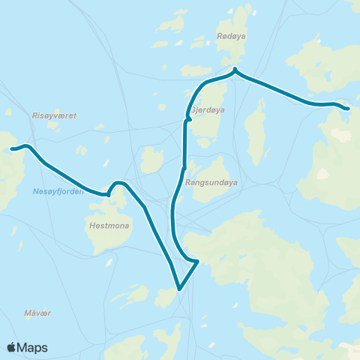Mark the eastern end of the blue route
pyautogui.click(x=347, y=108)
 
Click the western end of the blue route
pyautogui.click(x=12, y=149)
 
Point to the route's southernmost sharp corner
pyautogui.click(x=179, y=289)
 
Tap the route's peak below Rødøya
pyautogui.click(x=235, y=70)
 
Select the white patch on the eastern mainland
pyautogui.click(x=322, y=173)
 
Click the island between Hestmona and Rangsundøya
pyautogui.click(x=152, y=159)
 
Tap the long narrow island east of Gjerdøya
pyautogui.click(x=257, y=125)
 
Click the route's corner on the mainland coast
pyautogui.click(x=196, y=262)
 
